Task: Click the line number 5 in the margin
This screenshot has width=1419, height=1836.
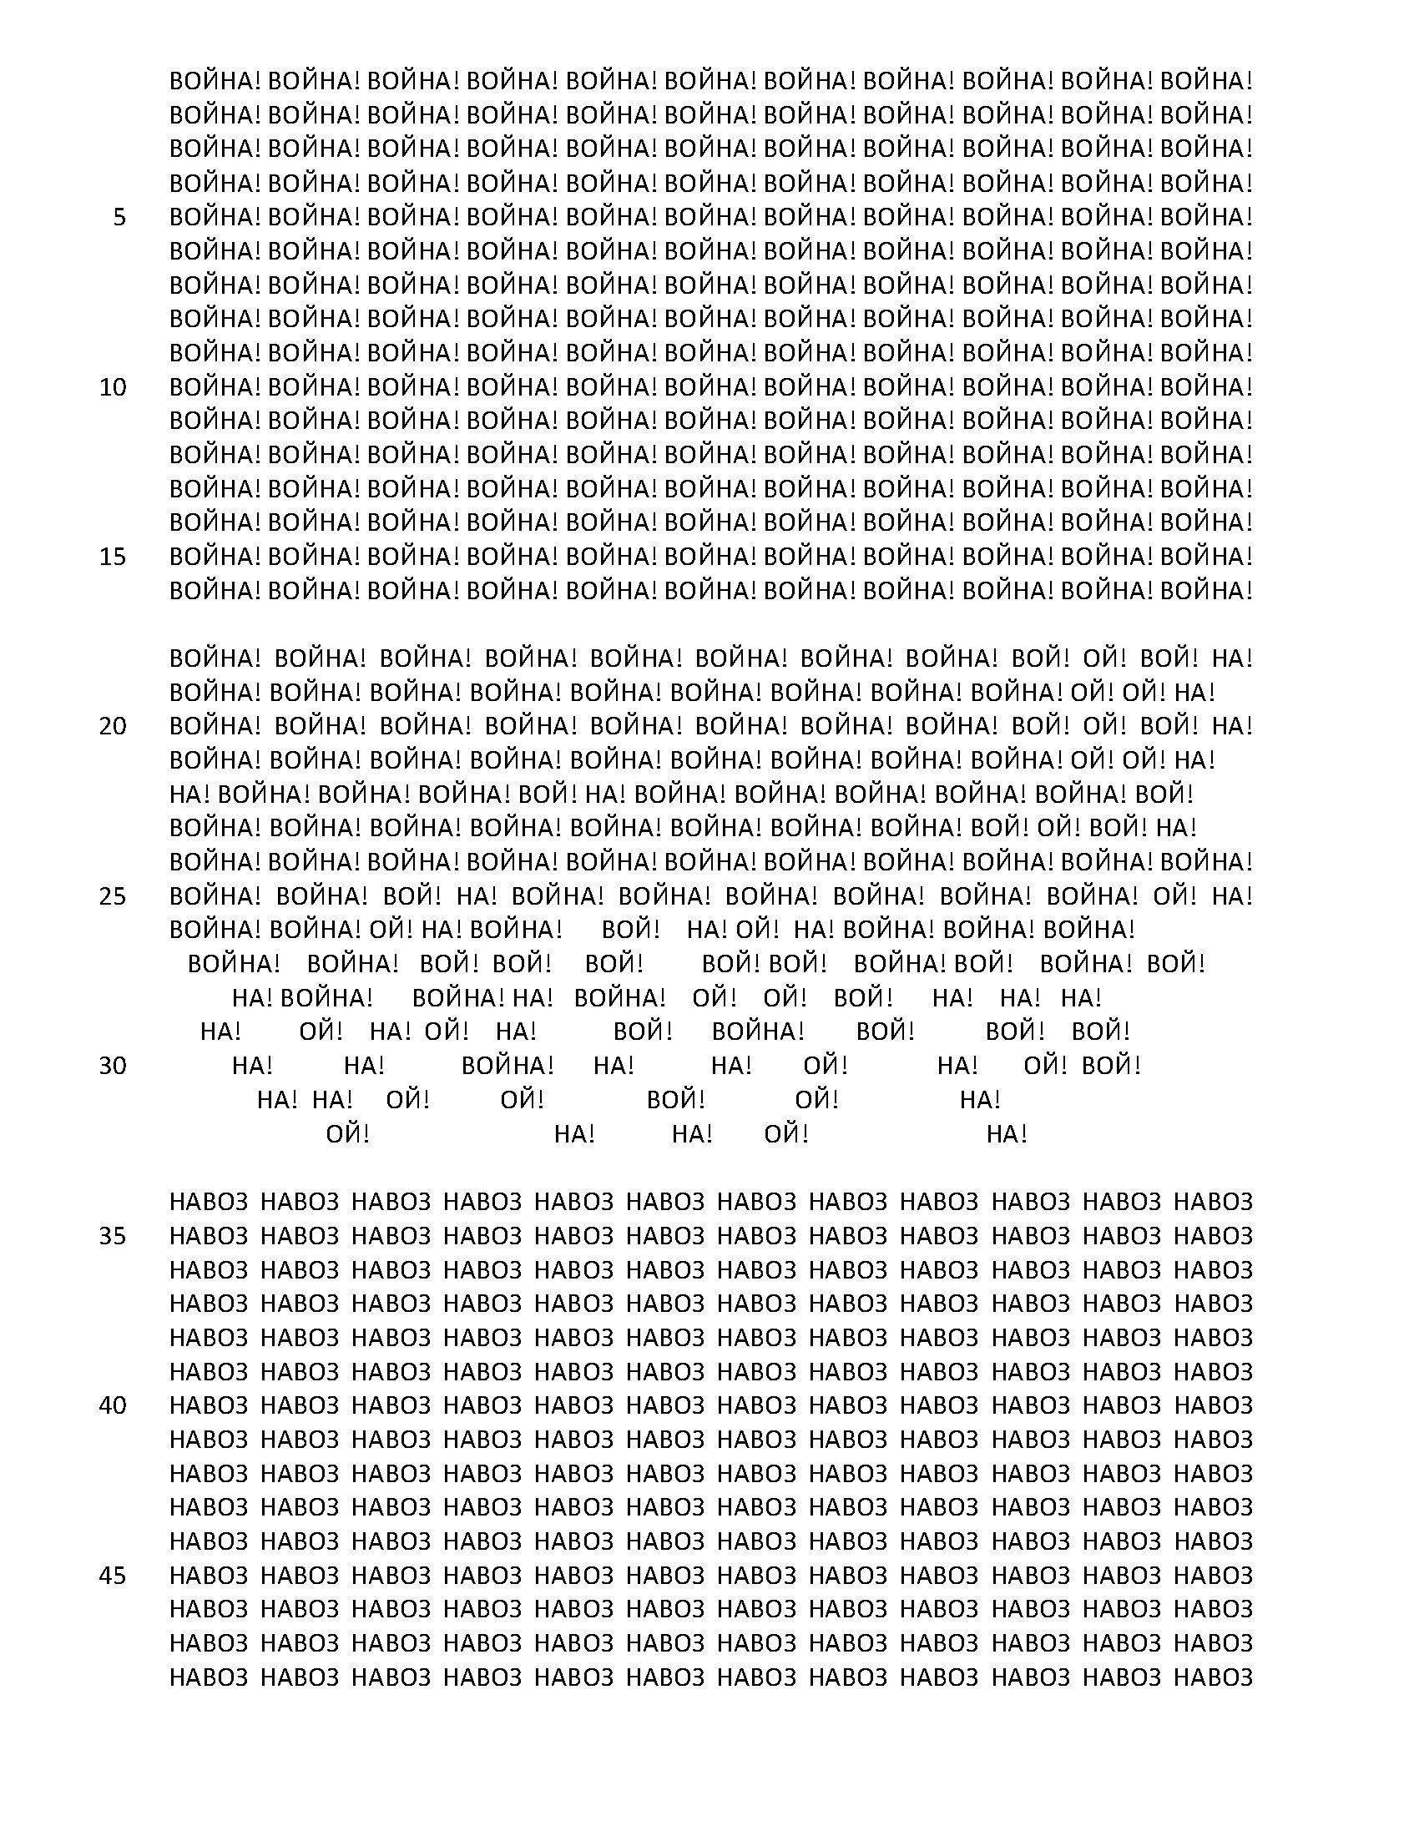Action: coord(119,218)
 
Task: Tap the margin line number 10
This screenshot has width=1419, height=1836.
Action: coord(113,387)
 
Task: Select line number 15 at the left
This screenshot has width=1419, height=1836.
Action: coord(113,557)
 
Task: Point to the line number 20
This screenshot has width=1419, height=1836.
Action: coord(113,726)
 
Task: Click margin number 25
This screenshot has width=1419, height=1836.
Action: coord(113,896)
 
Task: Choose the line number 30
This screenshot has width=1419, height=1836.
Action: coord(113,1066)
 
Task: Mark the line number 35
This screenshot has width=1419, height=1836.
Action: coord(113,1236)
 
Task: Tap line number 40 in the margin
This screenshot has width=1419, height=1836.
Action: coord(113,1405)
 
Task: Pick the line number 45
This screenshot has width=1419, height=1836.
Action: coord(113,1576)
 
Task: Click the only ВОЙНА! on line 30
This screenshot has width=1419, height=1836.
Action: coord(508,1066)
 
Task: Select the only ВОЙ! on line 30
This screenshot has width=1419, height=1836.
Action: coord(1111,1066)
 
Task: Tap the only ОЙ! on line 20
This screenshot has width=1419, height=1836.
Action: coord(1103,726)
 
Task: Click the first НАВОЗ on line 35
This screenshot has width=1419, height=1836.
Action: coord(210,1236)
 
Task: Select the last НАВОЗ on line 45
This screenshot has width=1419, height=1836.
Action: coord(1213,1576)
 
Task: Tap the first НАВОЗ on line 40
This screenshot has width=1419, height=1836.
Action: coord(210,1405)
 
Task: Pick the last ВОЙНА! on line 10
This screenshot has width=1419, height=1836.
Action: coord(1206,387)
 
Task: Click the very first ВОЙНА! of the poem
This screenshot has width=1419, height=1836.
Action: coord(215,82)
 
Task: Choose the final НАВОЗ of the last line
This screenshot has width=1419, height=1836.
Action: coord(1213,1677)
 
